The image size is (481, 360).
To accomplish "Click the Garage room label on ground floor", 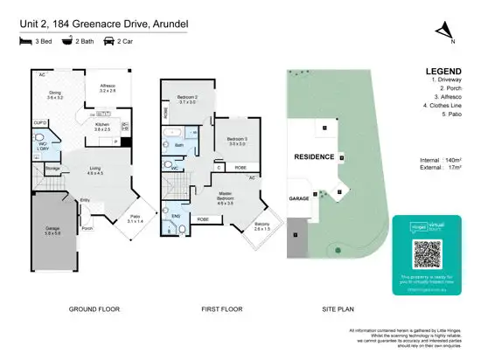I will click(x=53, y=229).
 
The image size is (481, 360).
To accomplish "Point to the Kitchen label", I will click(x=103, y=125).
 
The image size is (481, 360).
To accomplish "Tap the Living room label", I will click(x=94, y=171).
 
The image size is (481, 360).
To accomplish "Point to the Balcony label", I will click(x=261, y=225).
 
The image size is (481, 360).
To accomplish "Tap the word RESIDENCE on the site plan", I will click(x=313, y=156).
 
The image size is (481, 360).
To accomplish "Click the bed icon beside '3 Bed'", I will click(x=24, y=40).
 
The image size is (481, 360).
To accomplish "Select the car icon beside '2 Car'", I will click(x=109, y=40).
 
